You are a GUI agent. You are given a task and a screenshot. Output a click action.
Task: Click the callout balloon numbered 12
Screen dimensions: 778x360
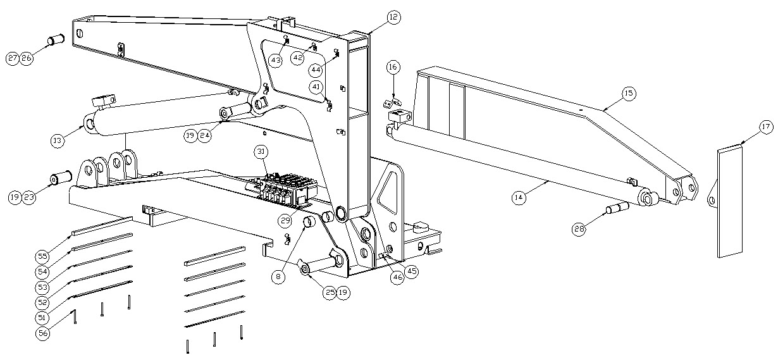pos(393,17)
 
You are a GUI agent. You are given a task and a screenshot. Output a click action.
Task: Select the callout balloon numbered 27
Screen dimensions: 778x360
pos(13,58)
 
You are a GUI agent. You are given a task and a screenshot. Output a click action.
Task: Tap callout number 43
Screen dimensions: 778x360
pos(276,61)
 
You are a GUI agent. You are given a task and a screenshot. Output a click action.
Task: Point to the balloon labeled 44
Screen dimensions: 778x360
pos(316,70)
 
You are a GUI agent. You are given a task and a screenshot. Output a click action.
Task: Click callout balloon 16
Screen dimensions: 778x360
pos(393,66)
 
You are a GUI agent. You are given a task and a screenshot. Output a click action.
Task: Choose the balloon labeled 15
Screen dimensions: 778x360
pos(629,93)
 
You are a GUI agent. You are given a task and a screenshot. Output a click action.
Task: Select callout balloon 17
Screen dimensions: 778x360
pos(766,127)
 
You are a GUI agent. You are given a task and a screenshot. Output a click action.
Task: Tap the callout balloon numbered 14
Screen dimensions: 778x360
pos(519,197)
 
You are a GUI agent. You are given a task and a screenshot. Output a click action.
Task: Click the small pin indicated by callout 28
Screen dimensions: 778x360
pos(617,208)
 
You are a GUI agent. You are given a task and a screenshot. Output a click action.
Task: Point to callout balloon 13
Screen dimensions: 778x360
pos(58,140)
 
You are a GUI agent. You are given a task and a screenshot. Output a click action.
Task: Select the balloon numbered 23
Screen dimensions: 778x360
pos(29,197)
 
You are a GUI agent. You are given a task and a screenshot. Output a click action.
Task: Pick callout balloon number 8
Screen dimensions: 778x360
pos(278,276)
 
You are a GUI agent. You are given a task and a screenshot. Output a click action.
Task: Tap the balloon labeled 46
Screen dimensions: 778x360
pos(397,277)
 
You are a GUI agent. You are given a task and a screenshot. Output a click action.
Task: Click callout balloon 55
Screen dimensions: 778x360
pos(42,256)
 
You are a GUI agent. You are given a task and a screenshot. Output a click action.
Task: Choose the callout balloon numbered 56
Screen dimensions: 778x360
pos(43,333)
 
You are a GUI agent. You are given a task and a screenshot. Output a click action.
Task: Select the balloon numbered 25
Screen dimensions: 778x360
pos(330,292)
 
